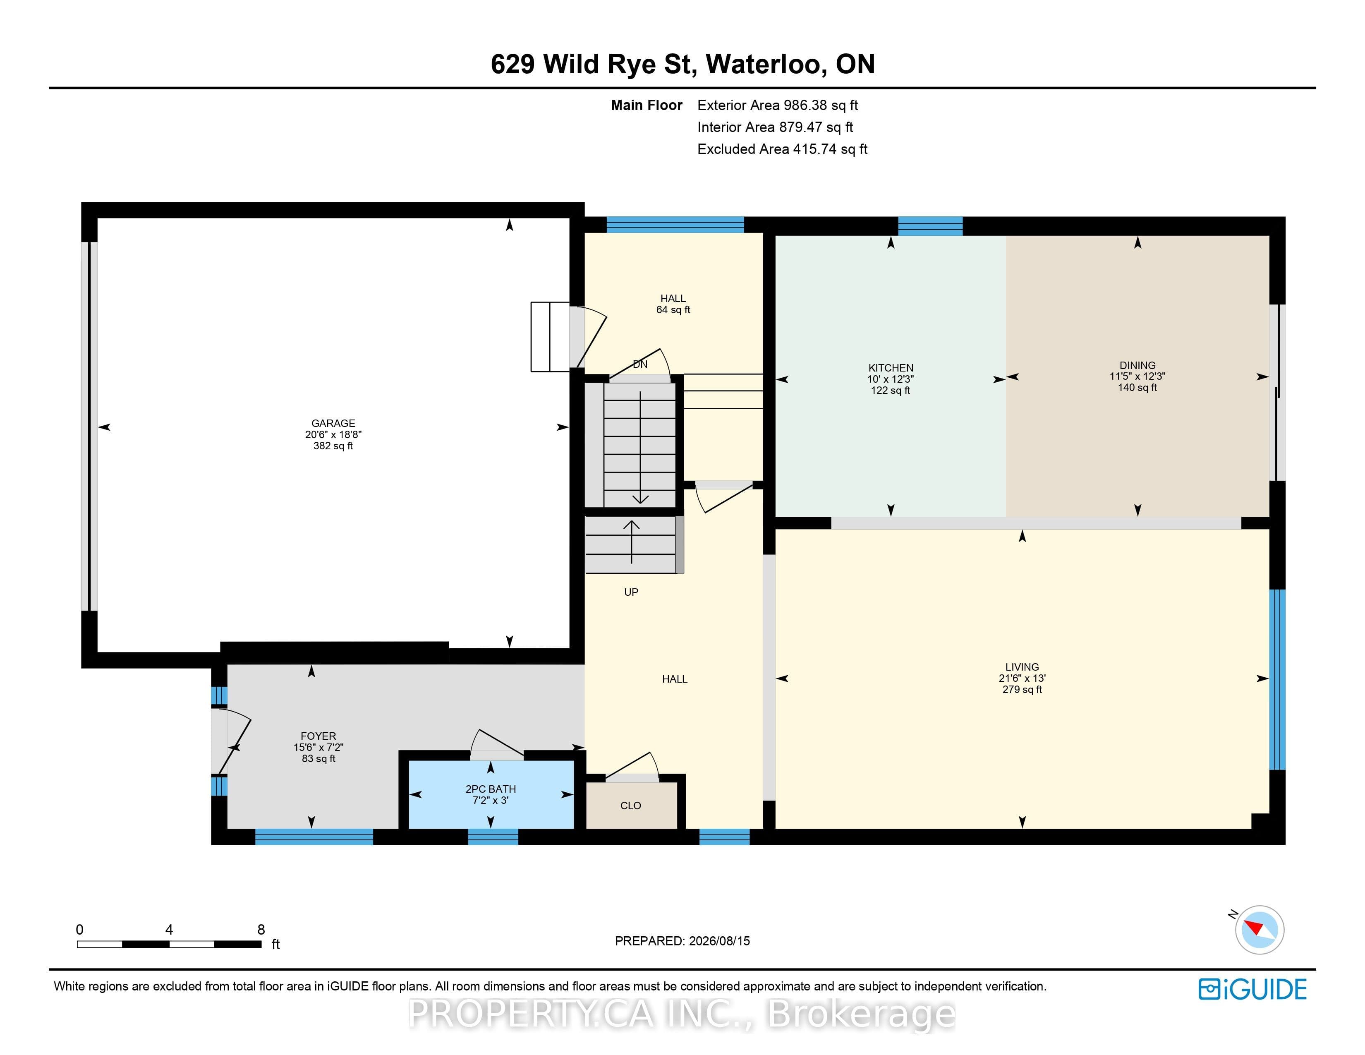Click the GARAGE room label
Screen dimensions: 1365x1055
pyautogui.click(x=333, y=423)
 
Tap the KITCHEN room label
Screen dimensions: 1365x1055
pyautogui.click(x=891, y=368)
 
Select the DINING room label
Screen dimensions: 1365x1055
pyautogui.click(x=1137, y=366)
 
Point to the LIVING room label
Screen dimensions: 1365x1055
pyautogui.click(x=1022, y=667)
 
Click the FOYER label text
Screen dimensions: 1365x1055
pyautogui.click(x=318, y=736)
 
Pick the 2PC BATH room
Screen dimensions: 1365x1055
pyautogui.click(x=491, y=794)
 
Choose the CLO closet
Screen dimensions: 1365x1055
pyautogui.click(x=631, y=806)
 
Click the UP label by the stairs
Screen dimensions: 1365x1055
pyautogui.click(x=631, y=592)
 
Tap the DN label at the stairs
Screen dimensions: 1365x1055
pyautogui.click(x=640, y=364)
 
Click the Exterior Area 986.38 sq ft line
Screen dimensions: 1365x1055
pyautogui.click(x=778, y=105)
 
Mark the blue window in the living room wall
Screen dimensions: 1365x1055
pyautogui.click(x=1277, y=679)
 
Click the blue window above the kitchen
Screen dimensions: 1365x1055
pyautogui.click(x=930, y=225)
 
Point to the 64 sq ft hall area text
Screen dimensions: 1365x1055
pyautogui.click(x=673, y=310)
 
